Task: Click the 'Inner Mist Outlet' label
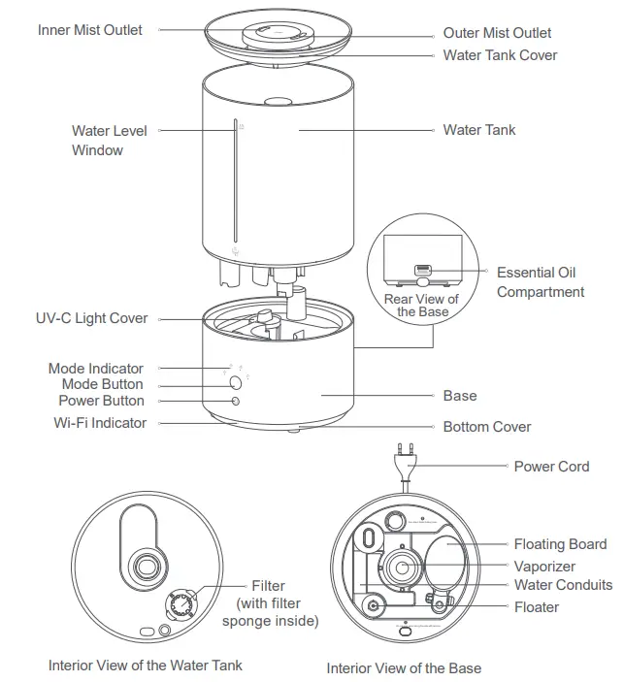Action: point(89,30)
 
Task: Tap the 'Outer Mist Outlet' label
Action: point(497,33)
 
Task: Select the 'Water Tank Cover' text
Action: point(500,55)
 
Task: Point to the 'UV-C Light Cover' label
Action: point(91,318)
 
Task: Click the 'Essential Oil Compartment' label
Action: point(541,282)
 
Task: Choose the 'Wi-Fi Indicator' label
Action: point(100,423)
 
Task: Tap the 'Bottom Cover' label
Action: point(487,427)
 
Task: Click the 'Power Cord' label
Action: point(551,467)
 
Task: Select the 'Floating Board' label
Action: point(560,544)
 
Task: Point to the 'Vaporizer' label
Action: point(544,566)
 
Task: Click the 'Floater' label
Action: point(537,606)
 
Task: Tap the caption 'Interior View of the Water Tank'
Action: point(146,666)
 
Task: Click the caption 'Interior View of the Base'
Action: point(404,668)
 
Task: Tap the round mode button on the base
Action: point(236,383)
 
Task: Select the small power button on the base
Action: point(236,400)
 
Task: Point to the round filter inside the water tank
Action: point(180,605)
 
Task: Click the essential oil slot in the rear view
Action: point(423,269)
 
